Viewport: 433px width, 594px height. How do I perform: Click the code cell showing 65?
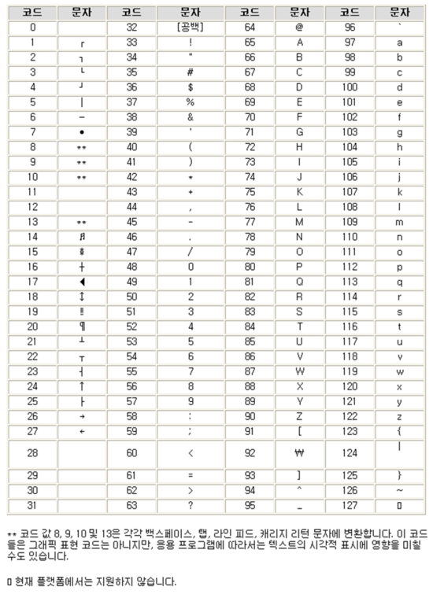(250, 42)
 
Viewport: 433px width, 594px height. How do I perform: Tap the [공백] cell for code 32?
(191, 27)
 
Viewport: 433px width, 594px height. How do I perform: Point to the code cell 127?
(350, 505)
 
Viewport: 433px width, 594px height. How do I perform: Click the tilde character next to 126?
(399, 490)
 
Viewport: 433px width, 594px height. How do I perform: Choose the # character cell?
(191, 72)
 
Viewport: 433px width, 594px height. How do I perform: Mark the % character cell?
(191, 101)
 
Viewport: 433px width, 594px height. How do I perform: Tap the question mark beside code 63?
(191, 505)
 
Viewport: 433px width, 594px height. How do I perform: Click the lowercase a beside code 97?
(399, 42)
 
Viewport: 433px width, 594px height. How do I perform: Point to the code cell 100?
(350, 87)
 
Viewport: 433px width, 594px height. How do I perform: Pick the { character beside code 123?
(399, 430)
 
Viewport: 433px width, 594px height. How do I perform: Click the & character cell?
(191, 116)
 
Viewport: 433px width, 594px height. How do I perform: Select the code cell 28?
(32, 452)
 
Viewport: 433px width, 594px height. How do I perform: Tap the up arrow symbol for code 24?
(82, 386)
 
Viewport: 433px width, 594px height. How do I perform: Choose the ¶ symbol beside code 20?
(82, 326)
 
